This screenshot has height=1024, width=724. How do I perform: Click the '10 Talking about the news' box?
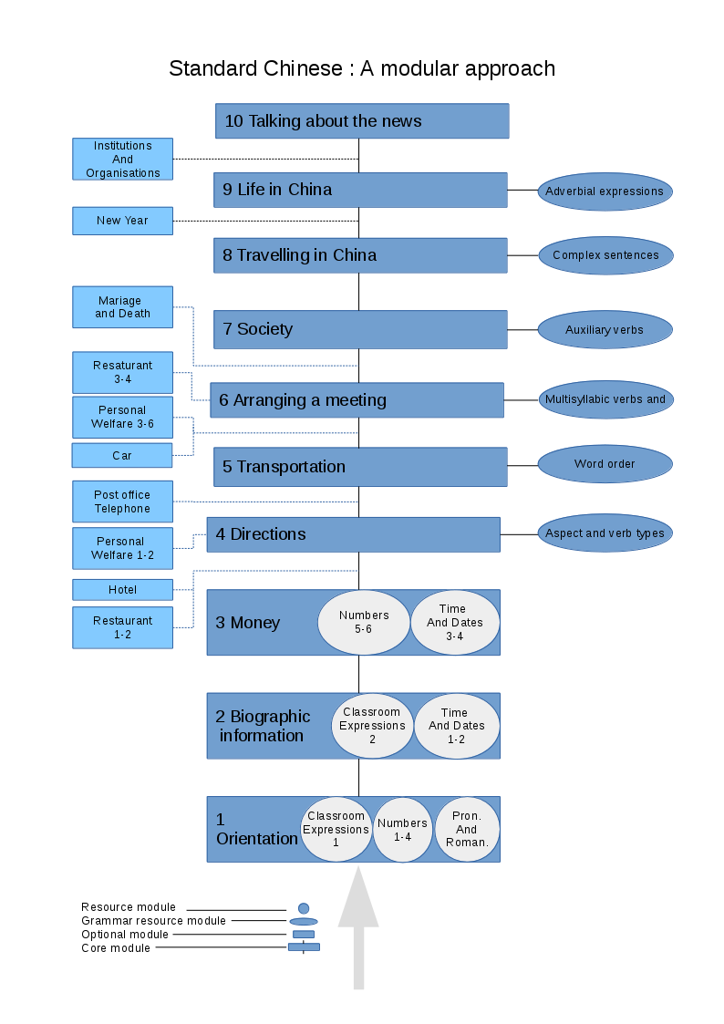coord(362,121)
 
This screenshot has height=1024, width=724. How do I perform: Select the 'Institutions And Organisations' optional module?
coord(123,160)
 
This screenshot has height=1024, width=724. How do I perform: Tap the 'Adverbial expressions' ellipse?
coord(605,191)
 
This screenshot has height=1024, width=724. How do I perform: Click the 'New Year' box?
coord(123,221)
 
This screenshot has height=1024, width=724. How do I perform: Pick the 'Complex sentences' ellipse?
coord(605,255)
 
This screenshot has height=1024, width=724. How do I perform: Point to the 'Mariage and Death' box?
coord(123,307)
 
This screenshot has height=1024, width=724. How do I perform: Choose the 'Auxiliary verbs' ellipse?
coord(605,330)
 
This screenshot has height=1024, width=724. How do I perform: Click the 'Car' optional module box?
coord(123,455)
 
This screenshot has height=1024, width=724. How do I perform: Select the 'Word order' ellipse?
coord(605,464)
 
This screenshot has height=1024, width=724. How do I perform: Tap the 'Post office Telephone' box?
coord(123,502)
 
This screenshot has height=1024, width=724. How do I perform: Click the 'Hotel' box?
coord(123,590)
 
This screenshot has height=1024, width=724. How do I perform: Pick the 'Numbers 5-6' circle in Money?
coord(364,622)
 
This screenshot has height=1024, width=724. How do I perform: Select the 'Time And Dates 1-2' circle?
coord(456,726)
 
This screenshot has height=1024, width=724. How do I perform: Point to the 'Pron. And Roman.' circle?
coord(467,829)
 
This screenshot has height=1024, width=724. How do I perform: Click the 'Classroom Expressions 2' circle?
coord(372,726)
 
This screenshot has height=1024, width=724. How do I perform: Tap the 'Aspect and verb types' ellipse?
coord(605,533)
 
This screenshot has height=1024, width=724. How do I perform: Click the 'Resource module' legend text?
coord(129,907)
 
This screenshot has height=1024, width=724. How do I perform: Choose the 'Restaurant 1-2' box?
coord(123,627)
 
